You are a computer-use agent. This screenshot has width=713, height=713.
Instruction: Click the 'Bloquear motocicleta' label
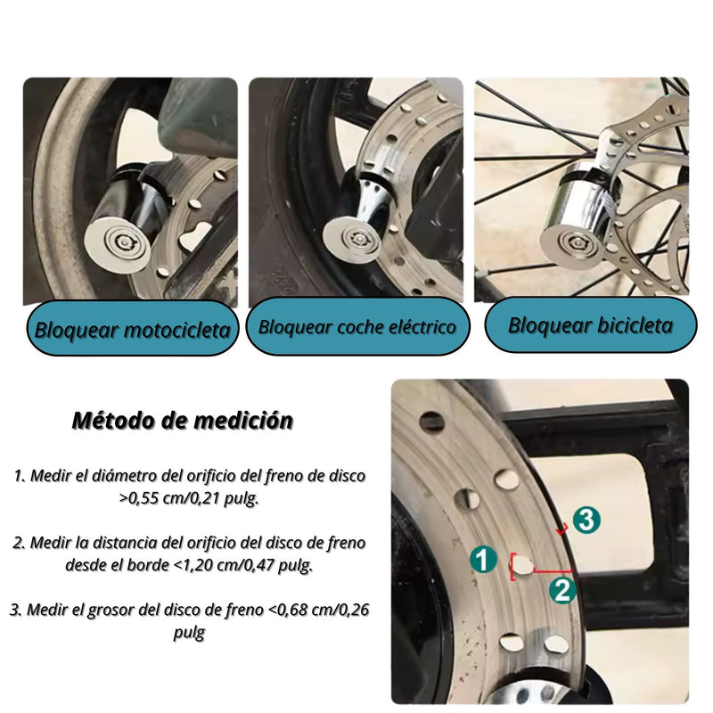[x=132, y=330]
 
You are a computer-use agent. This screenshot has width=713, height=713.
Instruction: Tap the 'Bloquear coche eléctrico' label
[x=356, y=326]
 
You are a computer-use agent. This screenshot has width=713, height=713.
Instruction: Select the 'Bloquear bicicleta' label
[x=590, y=325]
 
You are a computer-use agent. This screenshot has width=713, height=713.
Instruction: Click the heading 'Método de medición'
[x=182, y=421]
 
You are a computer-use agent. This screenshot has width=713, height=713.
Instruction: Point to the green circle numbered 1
[x=482, y=560]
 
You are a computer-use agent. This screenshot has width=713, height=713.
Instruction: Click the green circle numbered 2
[x=561, y=588]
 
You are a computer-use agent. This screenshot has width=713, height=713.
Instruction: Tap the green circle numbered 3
[x=585, y=520]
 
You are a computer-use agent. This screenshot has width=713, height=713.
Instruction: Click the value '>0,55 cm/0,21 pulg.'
[x=189, y=499]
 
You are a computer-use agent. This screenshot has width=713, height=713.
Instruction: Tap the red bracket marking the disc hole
[x=513, y=566]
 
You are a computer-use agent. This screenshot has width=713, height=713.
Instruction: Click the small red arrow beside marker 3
[x=561, y=533]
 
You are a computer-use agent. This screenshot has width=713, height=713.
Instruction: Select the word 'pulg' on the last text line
[x=188, y=633]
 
